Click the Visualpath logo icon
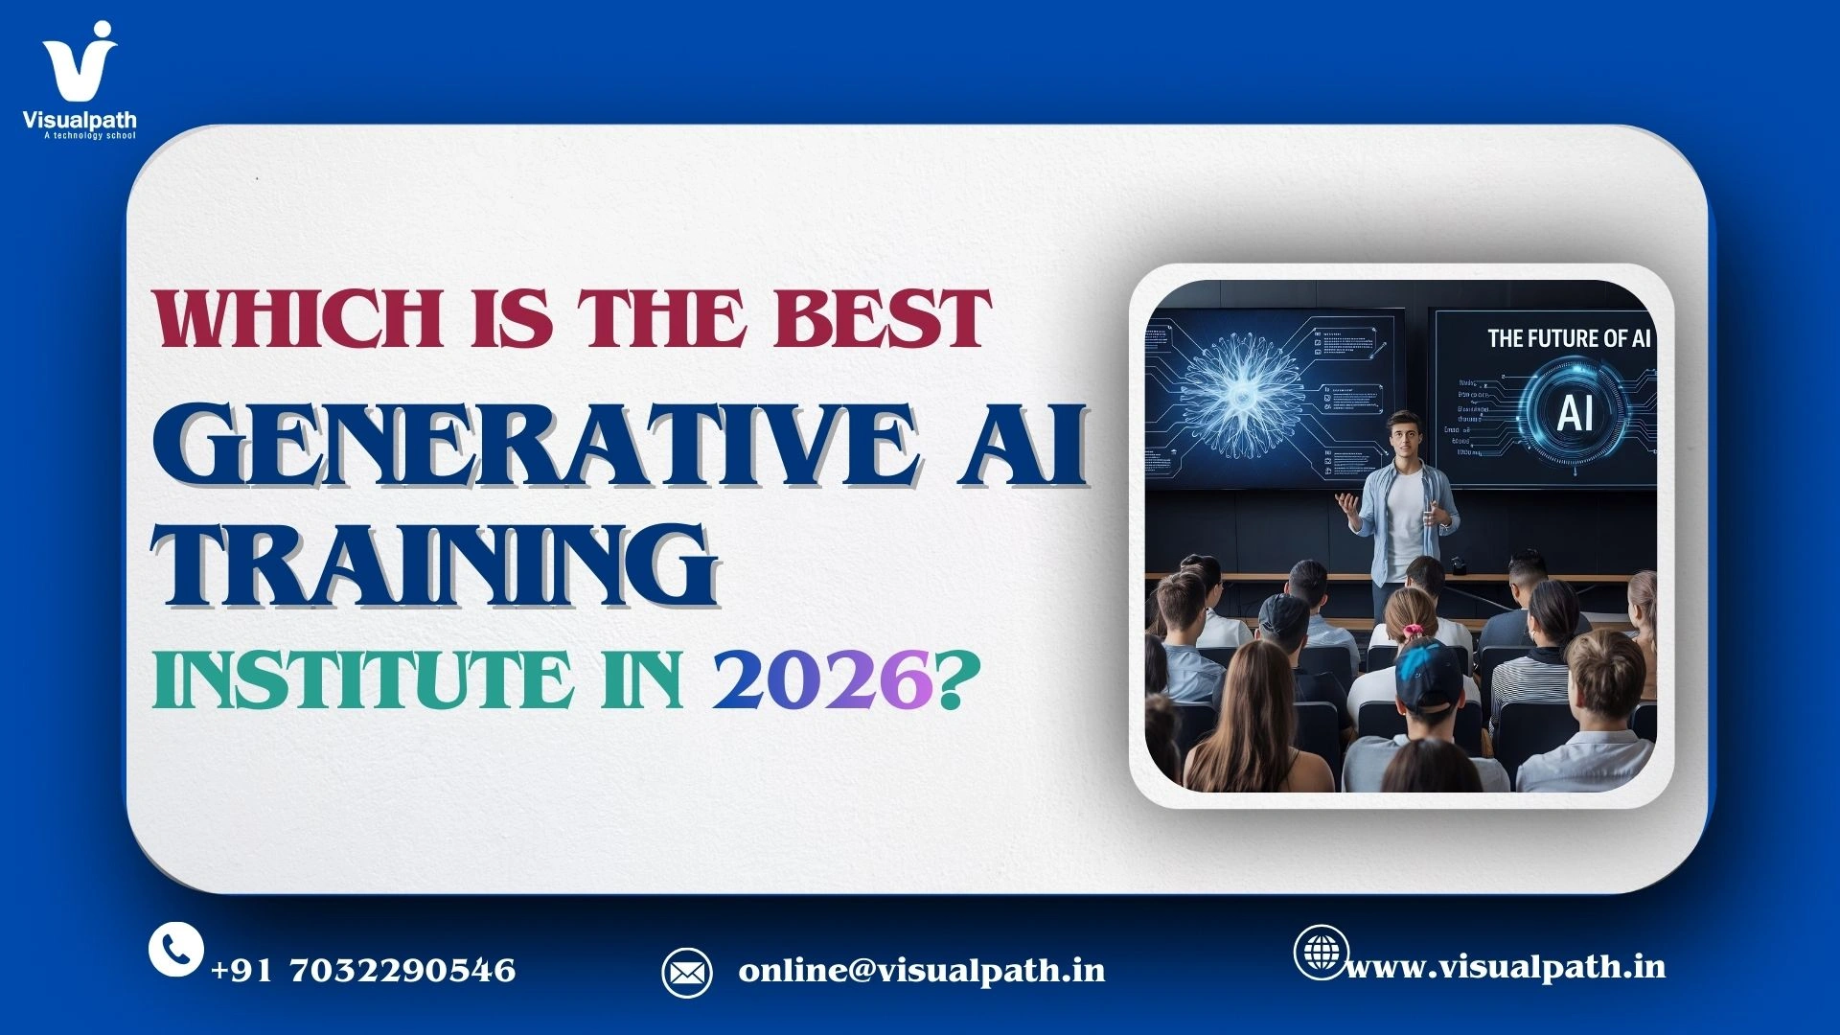coord(79,62)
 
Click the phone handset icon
coord(175,949)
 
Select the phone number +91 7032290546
coord(363,971)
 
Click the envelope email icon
coord(686,973)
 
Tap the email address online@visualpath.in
coord(922,971)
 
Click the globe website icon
coord(1321,952)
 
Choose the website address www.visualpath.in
coord(1506,967)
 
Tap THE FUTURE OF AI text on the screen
coord(1568,338)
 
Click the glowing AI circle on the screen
coord(1574,413)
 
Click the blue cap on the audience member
coord(1428,671)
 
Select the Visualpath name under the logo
coord(80,121)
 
